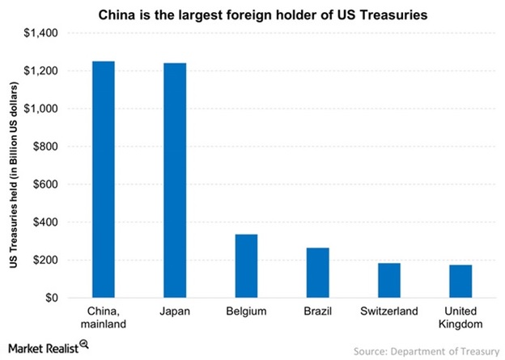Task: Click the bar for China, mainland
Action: [x=104, y=180]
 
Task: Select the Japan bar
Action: [x=175, y=180]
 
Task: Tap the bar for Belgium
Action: [x=246, y=266]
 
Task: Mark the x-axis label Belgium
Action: [x=246, y=311]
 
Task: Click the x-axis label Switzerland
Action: [x=388, y=311]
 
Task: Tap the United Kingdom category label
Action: [x=460, y=317]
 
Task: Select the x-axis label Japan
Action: [x=175, y=311]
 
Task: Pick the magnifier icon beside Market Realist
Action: [x=84, y=346]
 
